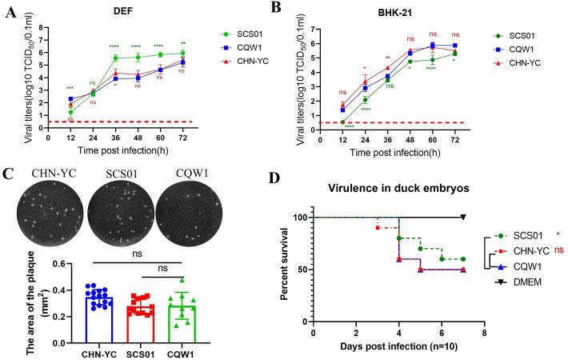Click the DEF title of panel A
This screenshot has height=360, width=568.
(118, 9)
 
